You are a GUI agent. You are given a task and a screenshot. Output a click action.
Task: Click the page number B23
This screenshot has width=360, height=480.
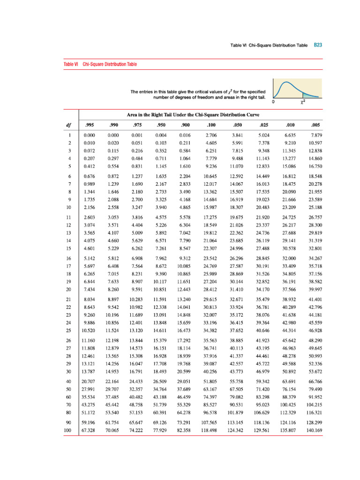pos(318,45)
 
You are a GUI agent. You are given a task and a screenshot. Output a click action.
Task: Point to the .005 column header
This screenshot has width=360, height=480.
pos(315,125)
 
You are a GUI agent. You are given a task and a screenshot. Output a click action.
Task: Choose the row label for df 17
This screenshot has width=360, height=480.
pos(68,266)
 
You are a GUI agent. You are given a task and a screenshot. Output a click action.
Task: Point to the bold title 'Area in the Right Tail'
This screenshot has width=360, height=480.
pos(193,114)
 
